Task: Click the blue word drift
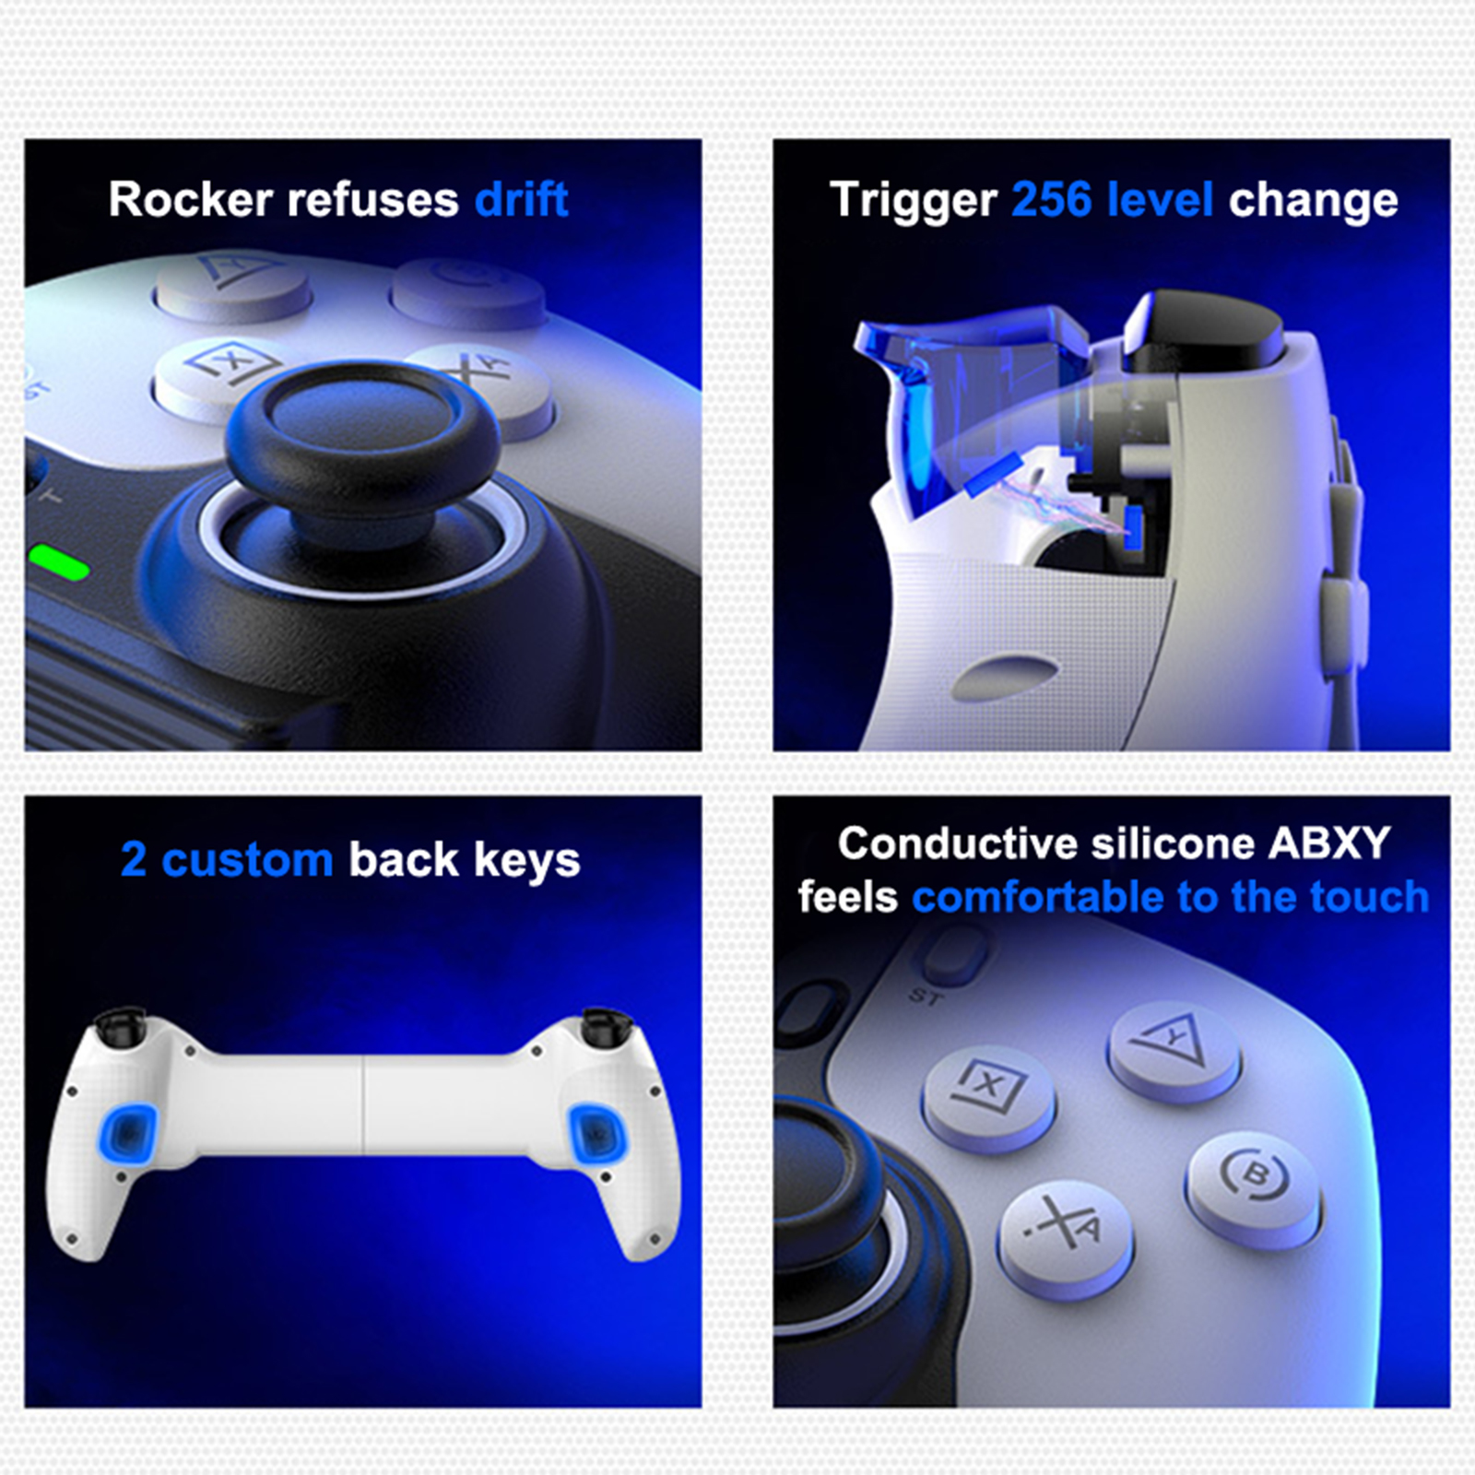[521, 199]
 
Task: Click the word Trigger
[913, 201]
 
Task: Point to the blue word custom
[247, 860]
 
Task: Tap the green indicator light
[59, 561]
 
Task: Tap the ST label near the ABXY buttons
[926, 996]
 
